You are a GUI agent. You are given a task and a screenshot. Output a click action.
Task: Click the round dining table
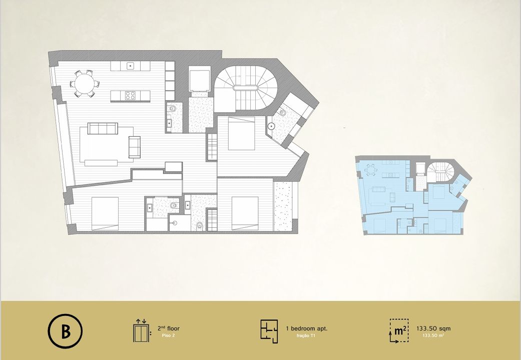(x=85, y=84)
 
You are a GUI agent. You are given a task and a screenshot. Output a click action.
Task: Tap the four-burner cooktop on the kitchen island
(x=130, y=96)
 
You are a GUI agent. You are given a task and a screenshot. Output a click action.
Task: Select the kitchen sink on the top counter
(x=131, y=66)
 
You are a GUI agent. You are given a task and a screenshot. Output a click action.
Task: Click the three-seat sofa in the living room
(x=103, y=128)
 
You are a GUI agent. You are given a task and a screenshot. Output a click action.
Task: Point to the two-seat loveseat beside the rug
(x=135, y=147)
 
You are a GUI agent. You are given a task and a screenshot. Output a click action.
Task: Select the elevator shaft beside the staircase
(x=199, y=79)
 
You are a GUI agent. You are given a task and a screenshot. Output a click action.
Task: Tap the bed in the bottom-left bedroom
(x=105, y=213)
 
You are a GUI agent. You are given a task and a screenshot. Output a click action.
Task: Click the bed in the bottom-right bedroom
(x=245, y=213)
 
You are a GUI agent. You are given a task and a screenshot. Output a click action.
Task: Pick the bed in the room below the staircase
(x=242, y=133)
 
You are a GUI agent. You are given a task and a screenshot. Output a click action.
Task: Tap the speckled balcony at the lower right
(x=283, y=206)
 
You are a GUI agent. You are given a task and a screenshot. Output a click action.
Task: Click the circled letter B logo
(x=65, y=331)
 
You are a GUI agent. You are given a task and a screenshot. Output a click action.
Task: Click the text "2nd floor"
(x=169, y=328)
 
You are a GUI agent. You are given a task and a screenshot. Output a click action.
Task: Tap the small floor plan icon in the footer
(x=269, y=331)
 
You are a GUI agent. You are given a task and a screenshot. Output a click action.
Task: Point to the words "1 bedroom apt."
(x=307, y=328)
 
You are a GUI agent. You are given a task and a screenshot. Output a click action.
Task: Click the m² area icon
(x=399, y=331)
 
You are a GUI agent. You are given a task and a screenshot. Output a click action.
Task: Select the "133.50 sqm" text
(x=433, y=328)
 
